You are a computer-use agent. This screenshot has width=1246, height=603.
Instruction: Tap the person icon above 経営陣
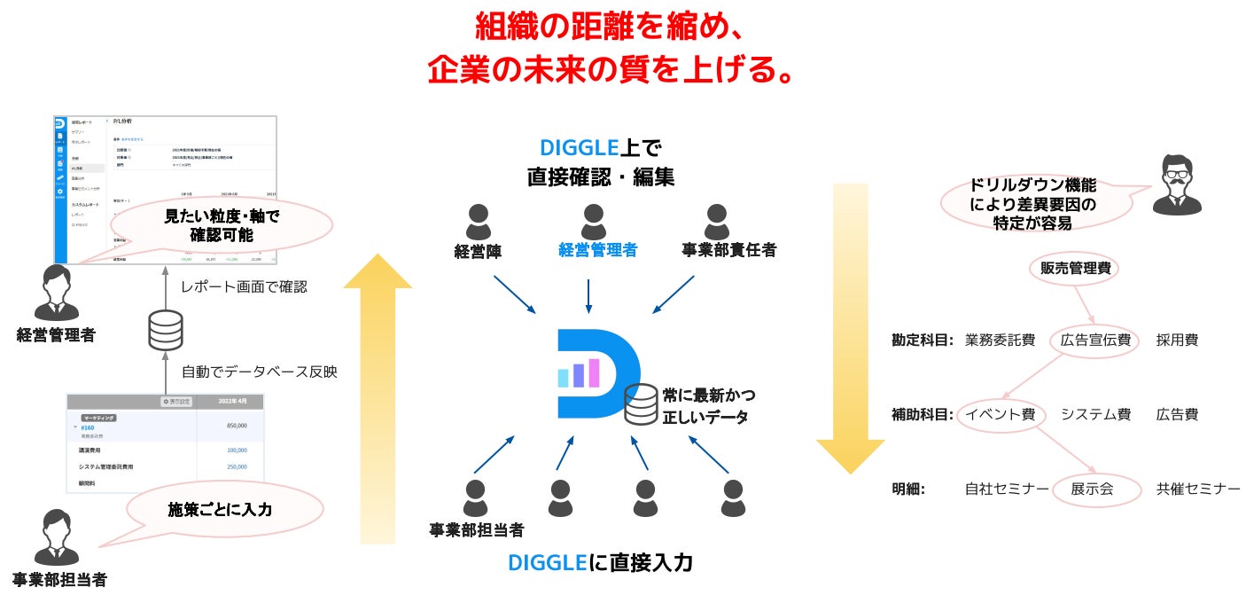pyautogui.click(x=479, y=223)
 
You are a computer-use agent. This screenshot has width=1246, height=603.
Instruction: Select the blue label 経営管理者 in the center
pyautogui.click(x=597, y=251)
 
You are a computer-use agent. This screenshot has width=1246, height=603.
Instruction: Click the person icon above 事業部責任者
pyautogui.click(x=716, y=223)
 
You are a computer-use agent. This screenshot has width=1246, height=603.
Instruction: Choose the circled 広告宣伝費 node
pyautogui.click(x=1094, y=341)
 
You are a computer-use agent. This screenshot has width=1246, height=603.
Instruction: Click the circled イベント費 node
pyautogui.click(x=1001, y=415)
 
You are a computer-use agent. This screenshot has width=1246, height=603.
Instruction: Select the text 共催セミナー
pyautogui.click(x=1198, y=489)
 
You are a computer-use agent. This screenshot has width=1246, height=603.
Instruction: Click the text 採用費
pyautogui.click(x=1177, y=341)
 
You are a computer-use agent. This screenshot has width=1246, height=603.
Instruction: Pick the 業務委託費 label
pyautogui.click(x=1000, y=341)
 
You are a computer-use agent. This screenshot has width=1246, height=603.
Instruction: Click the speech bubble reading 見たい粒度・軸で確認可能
pyautogui.click(x=222, y=225)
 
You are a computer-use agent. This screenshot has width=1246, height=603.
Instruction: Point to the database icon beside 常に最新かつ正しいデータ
pyautogui.click(x=639, y=404)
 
